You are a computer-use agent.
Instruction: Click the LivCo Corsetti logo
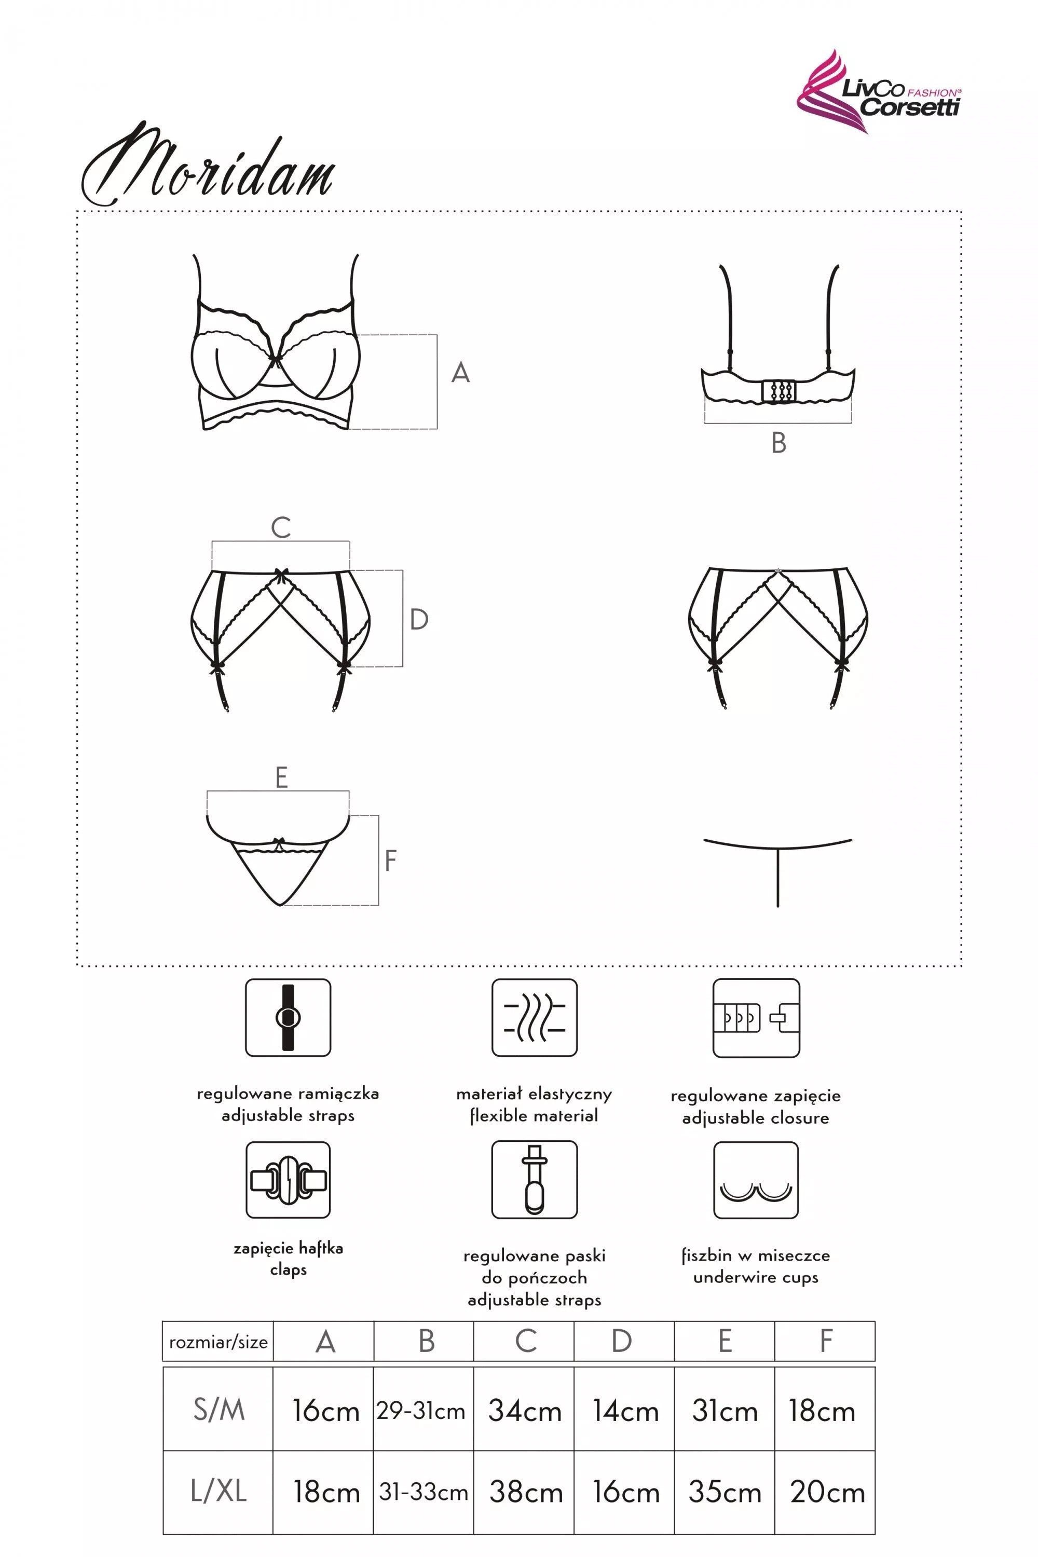(x=879, y=93)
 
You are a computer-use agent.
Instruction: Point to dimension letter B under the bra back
(x=778, y=443)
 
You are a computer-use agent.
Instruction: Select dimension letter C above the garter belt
(x=281, y=528)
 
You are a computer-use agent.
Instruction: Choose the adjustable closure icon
(x=756, y=1018)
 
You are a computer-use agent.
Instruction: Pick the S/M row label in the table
(x=219, y=1410)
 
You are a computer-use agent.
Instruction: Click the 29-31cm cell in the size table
(x=421, y=1411)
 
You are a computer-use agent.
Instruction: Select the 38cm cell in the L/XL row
(x=526, y=1492)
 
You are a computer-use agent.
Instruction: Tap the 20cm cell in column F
(x=827, y=1492)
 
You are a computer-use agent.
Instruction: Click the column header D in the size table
(x=622, y=1341)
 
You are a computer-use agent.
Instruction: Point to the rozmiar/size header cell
(x=218, y=1342)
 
